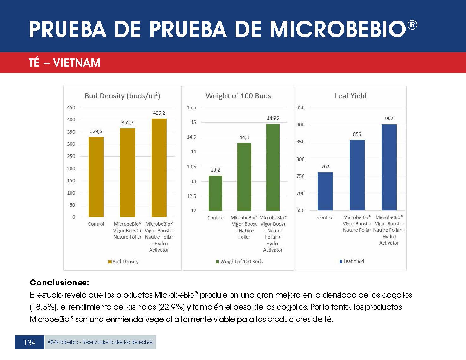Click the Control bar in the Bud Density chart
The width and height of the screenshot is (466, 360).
(96, 177)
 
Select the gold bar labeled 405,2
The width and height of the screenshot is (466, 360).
(159, 168)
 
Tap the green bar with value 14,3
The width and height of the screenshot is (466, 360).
(244, 177)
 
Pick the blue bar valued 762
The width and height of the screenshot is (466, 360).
(325, 191)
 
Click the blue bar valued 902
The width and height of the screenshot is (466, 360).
(389, 167)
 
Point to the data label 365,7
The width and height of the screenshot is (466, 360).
(127, 123)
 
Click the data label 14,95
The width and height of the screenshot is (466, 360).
(273, 118)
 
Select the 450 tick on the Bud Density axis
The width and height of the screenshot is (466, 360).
(71, 108)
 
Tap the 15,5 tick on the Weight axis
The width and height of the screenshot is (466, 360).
(191, 108)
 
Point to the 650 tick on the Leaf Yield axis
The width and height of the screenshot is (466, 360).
(300, 211)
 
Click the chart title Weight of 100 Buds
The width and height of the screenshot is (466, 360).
(238, 96)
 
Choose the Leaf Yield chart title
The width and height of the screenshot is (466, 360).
(350, 96)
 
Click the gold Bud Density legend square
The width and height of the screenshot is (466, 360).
(110, 262)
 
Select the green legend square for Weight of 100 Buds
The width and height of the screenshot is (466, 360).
(218, 262)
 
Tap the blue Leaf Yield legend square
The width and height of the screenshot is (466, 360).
(341, 261)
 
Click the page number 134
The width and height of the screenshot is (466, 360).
(30, 343)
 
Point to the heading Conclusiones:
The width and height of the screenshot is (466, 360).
(59, 283)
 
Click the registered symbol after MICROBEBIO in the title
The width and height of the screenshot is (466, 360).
(412, 25)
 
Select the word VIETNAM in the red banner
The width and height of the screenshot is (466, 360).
(77, 63)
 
